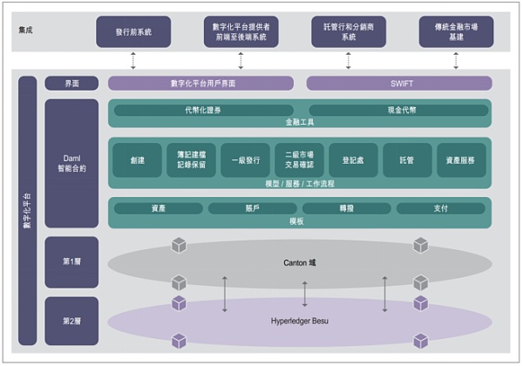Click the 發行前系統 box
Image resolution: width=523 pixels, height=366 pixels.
tap(133, 32)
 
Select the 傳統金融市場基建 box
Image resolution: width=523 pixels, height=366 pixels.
tap(455, 32)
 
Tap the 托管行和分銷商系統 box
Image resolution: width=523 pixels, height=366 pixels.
tap(348, 32)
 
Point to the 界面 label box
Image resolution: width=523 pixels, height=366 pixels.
tap(71, 83)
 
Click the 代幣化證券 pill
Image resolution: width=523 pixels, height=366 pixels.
tap(202, 110)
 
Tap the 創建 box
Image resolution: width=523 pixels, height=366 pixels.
tap(137, 160)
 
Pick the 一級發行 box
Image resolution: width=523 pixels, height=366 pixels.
tap(245, 160)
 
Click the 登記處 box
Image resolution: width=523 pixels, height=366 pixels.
tap(353, 160)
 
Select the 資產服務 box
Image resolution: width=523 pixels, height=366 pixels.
tap(461, 160)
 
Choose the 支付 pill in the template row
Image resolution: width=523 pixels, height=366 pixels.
tap(440, 208)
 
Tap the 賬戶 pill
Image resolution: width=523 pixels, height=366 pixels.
tap(253, 208)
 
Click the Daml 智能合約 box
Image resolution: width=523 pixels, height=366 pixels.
tap(71, 161)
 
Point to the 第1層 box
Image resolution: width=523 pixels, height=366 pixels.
tap(71, 261)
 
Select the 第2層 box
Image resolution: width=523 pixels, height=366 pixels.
tap(71, 320)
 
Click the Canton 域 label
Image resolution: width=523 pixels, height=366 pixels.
tap(304, 261)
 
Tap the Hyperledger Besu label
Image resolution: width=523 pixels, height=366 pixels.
tap(304, 321)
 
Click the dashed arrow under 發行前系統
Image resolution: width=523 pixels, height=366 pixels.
tap(133, 60)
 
